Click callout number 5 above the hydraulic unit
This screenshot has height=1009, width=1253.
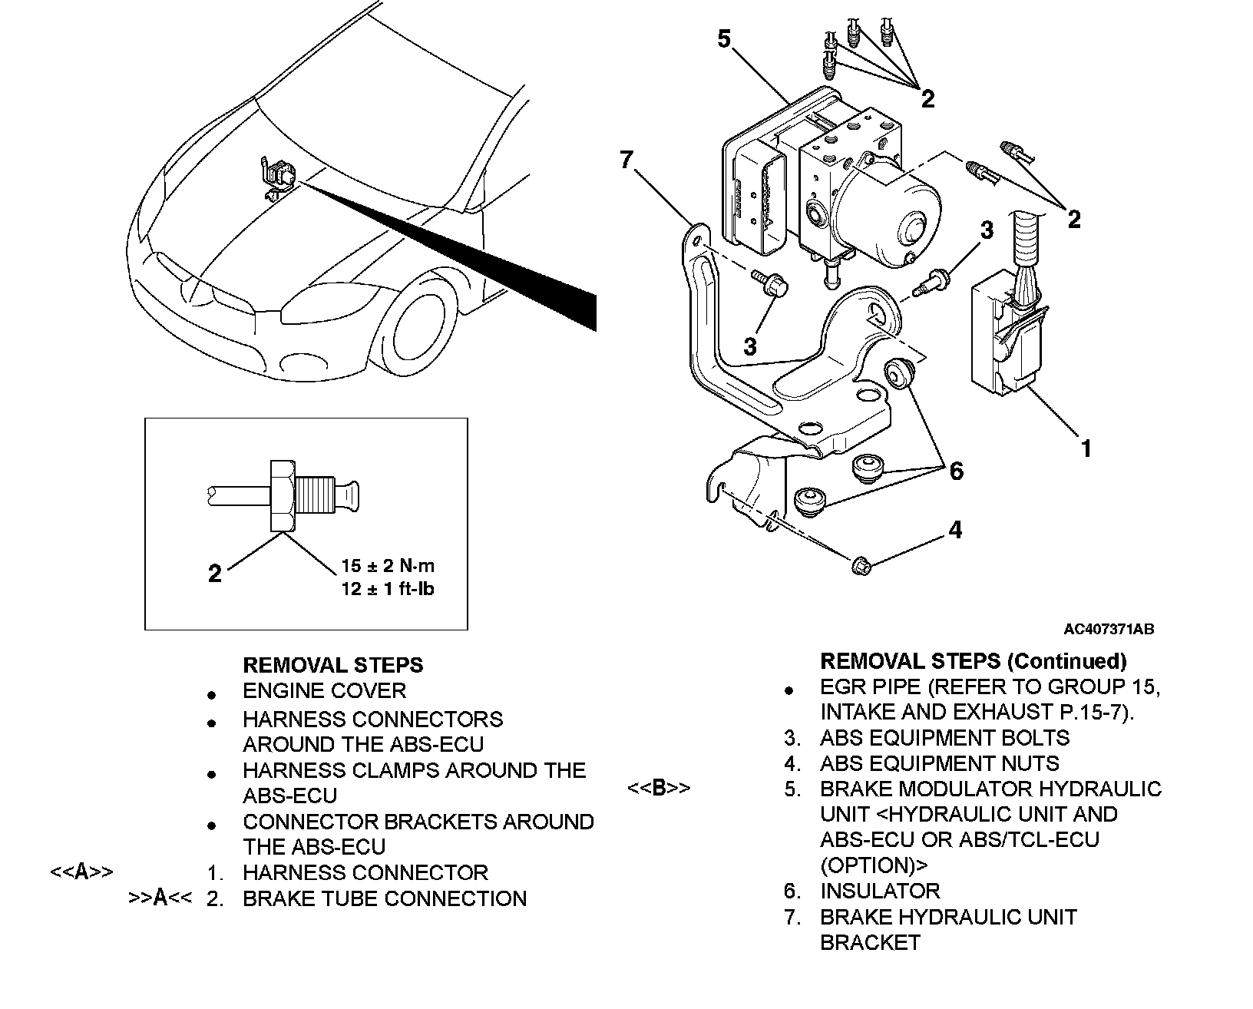tap(724, 39)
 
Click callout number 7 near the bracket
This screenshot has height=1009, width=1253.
tap(626, 160)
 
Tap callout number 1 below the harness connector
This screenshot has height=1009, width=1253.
tap(1086, 448)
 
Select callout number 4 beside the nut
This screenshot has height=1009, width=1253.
tap(955, 530)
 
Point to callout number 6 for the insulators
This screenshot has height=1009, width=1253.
tap(957, 471)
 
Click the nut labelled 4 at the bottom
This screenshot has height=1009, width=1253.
tap(861, 566)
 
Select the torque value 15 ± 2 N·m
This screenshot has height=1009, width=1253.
tap(388, 566)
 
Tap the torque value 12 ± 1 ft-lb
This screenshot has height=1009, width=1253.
tap(388, 589)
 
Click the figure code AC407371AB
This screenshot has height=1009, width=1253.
tap(1109, 629)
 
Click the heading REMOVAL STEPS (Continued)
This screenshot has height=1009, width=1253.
tap(974, 661)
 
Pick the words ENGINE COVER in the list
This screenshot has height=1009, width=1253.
tap(324, 691)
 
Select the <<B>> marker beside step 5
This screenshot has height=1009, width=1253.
tap(659, 788)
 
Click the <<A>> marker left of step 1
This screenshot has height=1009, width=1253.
tap(81, 872)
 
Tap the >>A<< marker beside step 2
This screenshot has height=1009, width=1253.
tap(160, 898)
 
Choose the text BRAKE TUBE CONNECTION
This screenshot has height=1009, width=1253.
tap(385, 898)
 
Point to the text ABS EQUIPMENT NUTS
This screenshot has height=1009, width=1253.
tap(939, 763)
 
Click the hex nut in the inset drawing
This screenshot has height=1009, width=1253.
tap(283, 496)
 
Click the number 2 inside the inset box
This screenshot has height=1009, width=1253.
tap(215, 574)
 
